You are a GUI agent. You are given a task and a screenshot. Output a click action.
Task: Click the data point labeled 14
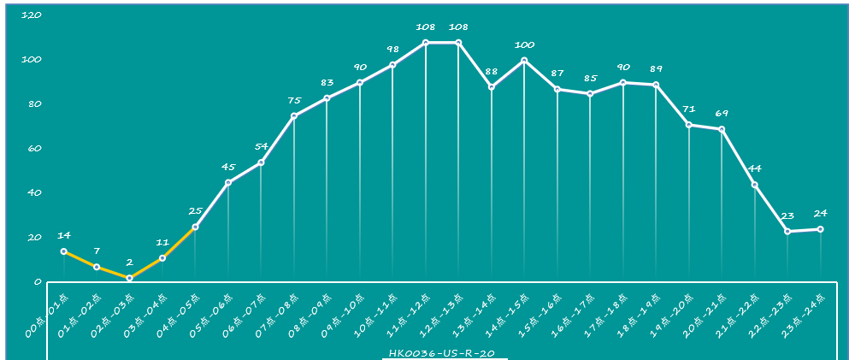pyautogui.click(x=64, y=251)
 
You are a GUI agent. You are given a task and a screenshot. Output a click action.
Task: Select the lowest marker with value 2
pyautogui.click(x=129, y=278)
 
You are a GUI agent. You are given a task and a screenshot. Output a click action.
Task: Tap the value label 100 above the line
pyautogui.click(x=524, y=44)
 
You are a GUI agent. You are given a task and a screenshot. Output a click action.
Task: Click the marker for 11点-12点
pyautogui.click(x=426, y=43)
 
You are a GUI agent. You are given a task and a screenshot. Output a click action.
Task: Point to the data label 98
pyautogui.click(x=392, y=50)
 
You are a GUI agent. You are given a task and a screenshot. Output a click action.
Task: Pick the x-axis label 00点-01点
pyautogui.click(x=48, y=316)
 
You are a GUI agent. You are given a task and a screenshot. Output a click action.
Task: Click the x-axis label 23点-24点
pyautogui.click(x=805, y=316)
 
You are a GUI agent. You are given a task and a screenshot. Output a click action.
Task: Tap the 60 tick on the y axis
pyautogui.click(x=34, y=149)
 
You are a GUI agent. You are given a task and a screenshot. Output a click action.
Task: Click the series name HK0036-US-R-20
pyautogui.click(x=444, y=353)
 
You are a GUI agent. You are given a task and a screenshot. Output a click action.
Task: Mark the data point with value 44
pyautogui.click(x=755, y=185)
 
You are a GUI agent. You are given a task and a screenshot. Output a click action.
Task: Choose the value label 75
pyautogui.click(x=294, y=100)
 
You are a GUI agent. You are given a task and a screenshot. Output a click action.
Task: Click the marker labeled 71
pyautogui.click(x=689, y=125)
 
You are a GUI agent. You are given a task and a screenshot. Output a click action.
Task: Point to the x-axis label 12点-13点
pyautogui.click(x=443, y=316)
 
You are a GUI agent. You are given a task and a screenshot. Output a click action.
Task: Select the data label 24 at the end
pyautogui.click(x=821, y=214)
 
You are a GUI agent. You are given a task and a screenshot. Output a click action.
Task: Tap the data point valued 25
pyautogui.click(x=195, y=227)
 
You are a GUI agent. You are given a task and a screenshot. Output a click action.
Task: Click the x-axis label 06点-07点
pyautogui.click(x=245, y=316)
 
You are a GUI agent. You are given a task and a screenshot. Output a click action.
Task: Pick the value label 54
pyautogui.click(x=262, y=147)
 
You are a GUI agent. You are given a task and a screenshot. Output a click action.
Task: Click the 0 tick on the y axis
pyautogui.click(x=38, y=281)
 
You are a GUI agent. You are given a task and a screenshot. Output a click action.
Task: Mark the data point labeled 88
pyautogui.click(x=492, y=87)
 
